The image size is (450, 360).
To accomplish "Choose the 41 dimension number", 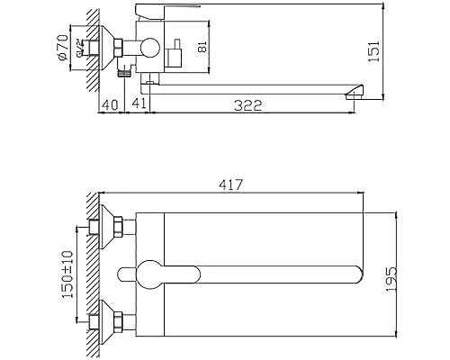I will tap(139, 105).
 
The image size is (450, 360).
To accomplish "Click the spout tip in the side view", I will tap(355, 90).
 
